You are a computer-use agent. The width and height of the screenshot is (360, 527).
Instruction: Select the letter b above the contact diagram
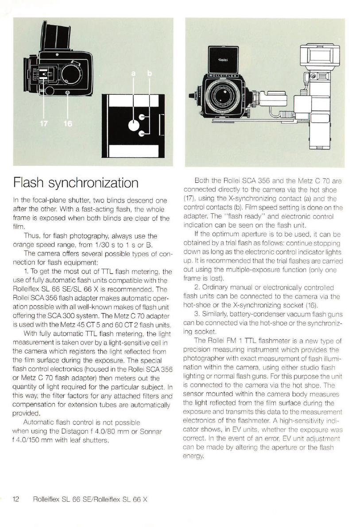[x=149, y=73]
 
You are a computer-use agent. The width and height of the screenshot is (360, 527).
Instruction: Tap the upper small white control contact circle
[x=142, y=117]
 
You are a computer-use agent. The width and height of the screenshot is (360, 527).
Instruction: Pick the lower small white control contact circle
[x=142, y=134]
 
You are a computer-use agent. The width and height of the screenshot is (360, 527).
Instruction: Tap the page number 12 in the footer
[x=16, y=499]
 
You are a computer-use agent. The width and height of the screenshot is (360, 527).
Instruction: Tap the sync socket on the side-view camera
[x=67, y=92]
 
